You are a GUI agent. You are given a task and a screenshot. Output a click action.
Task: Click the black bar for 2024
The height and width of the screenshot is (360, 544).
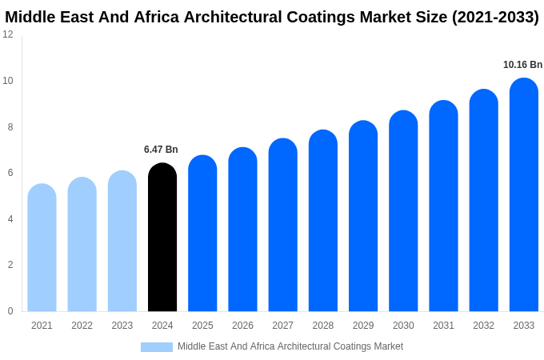coord(162,238)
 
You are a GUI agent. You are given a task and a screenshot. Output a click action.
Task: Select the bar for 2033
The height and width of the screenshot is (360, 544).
coord(523,195)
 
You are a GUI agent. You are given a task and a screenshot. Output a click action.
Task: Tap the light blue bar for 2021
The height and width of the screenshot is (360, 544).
coord(42,248)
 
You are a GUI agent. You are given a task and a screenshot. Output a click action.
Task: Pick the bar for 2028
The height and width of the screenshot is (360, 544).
coord(322,221)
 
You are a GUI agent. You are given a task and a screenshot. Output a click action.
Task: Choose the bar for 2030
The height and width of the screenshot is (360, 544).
coord(403,211)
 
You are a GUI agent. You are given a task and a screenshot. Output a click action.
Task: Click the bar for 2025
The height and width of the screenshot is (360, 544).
coord(202,234)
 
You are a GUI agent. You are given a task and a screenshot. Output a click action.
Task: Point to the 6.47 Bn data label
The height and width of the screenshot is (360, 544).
coord(161,150)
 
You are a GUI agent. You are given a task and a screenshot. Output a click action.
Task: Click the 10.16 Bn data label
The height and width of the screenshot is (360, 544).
coord(522,65)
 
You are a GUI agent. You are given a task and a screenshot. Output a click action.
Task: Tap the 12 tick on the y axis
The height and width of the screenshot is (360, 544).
coord(8,34)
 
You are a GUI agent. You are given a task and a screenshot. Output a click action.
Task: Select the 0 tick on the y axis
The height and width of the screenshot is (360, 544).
coord(10,311)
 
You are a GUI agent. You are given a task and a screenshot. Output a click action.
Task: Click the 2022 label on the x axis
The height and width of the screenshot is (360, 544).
coord(82,326)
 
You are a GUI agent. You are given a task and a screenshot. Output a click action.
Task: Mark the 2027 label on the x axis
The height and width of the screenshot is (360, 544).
coord(282,326)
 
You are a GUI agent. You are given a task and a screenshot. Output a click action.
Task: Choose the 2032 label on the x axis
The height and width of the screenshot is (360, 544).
coord(483,326)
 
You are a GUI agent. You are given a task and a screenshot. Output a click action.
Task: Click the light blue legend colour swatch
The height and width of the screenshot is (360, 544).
coord(157,347)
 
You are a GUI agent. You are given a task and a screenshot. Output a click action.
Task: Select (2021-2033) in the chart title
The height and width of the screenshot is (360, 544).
coord(495,17)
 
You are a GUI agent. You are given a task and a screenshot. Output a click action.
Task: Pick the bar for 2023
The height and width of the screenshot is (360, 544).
coord(122,241)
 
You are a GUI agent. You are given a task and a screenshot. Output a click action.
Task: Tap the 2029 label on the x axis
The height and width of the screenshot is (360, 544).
coord(362,326)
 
